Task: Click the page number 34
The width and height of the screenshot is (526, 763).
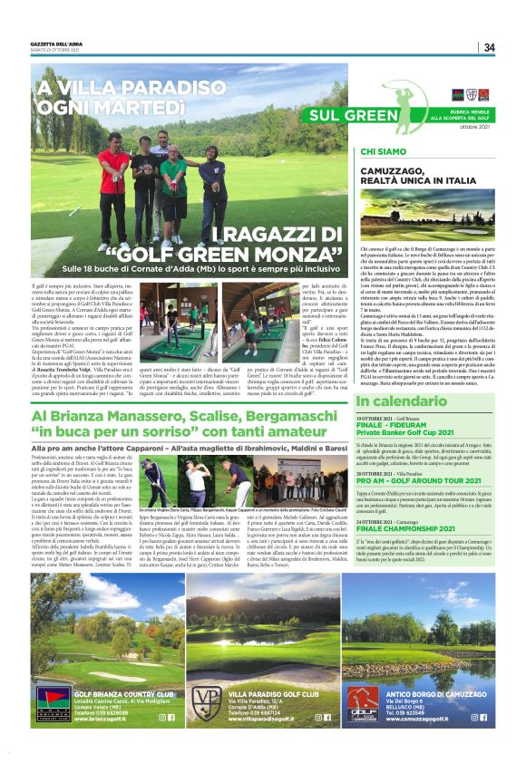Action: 489,47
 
